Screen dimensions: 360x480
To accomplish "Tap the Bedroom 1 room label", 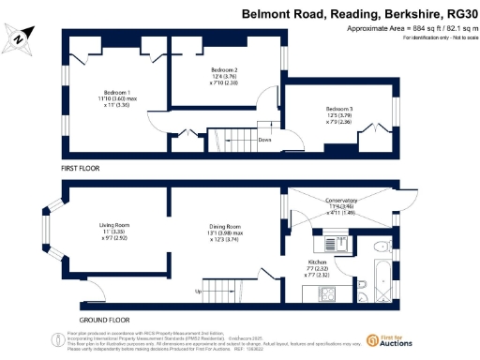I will (x=116, y=92).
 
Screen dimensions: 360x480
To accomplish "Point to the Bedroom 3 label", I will (x=338, y=110).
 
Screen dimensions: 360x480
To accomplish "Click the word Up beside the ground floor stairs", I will (x=197, y=292).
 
